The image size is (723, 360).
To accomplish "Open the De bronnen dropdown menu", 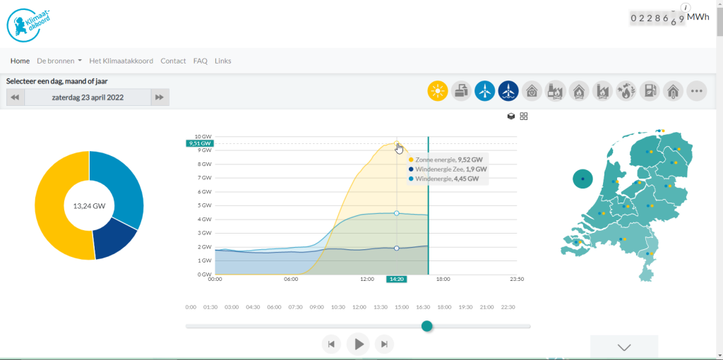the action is tap(59, 61).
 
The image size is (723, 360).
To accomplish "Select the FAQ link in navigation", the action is tap(200, 61).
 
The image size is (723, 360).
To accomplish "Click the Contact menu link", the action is tap(173, 61).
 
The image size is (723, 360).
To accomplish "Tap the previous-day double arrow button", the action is tap(16, 97).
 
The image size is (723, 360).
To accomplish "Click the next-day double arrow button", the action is tap(160, 97).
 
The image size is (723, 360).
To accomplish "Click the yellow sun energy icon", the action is tap(438, 91).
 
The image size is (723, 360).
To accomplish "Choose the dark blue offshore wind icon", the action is tap(508, 91).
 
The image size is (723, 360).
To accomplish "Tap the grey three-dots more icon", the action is tap(697, 91).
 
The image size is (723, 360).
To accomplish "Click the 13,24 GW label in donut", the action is tap(89, 206).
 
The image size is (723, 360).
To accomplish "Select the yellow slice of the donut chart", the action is tap(61, 203).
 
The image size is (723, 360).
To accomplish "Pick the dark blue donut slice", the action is tap(115, 243).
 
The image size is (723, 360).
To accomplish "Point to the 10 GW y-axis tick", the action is tap(203, 136).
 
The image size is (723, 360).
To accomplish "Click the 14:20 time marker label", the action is tap(397, 279).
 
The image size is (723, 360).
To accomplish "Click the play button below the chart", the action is tap(358, 344).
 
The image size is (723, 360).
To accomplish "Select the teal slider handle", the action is tap(427, 326).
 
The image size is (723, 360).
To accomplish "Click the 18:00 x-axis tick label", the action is tap(443, 279).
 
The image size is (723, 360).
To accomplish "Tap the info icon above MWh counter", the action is tap(686, 7).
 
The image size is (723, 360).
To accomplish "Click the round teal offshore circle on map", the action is tap(582, 179).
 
